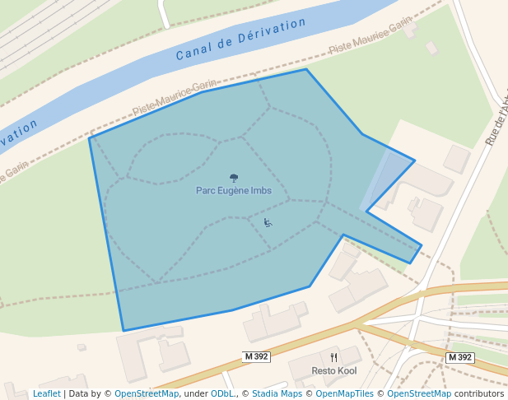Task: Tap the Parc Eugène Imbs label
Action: [x=234, y=190]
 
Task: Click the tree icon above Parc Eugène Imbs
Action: [x=234, y=178]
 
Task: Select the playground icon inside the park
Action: [x=268, y=222]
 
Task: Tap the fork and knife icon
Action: [x=333, y=358]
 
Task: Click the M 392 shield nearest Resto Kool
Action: [x=257, y=356]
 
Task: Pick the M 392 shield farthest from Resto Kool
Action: [x=459, y=357]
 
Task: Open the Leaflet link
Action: [x=47, y=394]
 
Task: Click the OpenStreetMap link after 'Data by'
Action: [x=147, y=394]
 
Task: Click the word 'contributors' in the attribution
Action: [x=479, y=394]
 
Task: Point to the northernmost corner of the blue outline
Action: [x=305, y=69]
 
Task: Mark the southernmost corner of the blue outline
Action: [x=124, y=331]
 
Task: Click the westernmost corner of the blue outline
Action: [x=90, y=138]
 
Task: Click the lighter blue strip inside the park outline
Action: [x=376, y=181]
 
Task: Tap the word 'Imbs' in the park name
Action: [x=261, y=190]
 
